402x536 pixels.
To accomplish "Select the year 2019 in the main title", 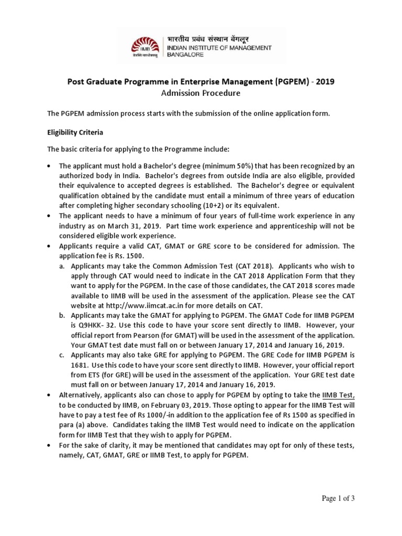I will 323,82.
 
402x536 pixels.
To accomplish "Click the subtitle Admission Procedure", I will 200,93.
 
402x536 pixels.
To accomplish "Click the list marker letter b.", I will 62,315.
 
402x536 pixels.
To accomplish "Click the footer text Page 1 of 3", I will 338,498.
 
